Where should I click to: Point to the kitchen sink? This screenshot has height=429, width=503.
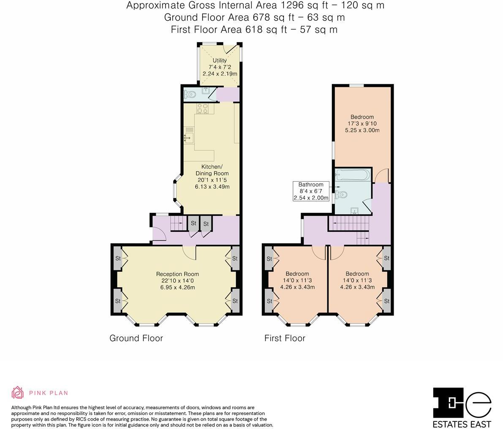click(188, 137)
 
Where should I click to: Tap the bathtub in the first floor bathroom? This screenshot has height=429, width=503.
click(352, 175)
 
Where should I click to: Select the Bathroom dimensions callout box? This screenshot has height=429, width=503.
click(311, 191)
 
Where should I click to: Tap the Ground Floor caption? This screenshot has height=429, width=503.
click(136, 338)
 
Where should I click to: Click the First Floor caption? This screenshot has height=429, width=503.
click(285, 338)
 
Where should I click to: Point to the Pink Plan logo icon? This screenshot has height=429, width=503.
click(18, 393)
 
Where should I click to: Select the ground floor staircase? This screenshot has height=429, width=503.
click(177, 223)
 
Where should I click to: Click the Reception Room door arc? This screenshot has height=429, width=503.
click(189, 252)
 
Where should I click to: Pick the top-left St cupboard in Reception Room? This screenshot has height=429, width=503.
click(118, 258)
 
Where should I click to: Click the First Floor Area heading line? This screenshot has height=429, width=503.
click(254, 29)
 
